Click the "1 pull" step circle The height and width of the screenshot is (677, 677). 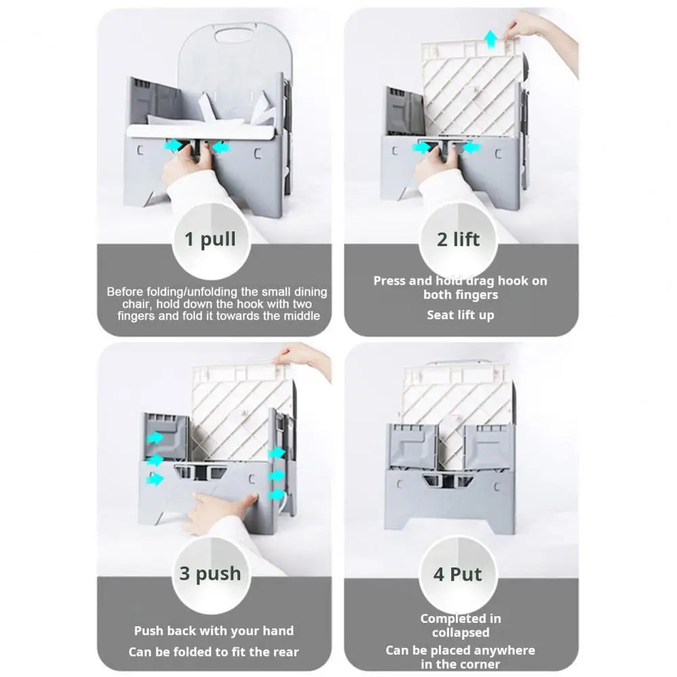point(210,239)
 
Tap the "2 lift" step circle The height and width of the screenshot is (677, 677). point(458,239)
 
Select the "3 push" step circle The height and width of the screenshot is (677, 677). point(210,574)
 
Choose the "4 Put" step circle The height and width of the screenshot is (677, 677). point(458,574)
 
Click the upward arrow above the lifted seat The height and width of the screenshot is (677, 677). point(490,41)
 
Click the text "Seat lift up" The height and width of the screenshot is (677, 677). point(460,315)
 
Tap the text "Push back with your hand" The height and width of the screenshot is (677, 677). point(214,631)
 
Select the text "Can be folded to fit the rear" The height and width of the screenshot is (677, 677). point(214,652)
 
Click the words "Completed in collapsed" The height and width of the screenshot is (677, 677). point(460,626)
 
